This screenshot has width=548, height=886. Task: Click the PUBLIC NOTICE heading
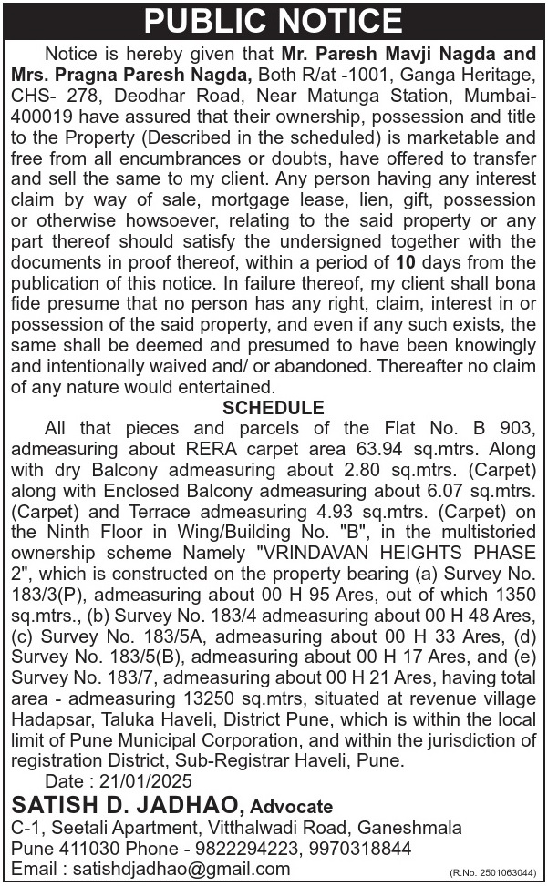(274, 20)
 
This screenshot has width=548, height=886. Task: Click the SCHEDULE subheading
(274, 407)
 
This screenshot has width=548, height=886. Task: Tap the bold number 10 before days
(393, 287)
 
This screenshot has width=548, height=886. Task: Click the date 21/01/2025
(145, 782)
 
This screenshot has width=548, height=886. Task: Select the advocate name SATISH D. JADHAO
(128, 805)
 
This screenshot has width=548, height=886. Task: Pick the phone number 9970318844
(362, 848)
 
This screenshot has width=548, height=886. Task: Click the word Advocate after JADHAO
(292, 807)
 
